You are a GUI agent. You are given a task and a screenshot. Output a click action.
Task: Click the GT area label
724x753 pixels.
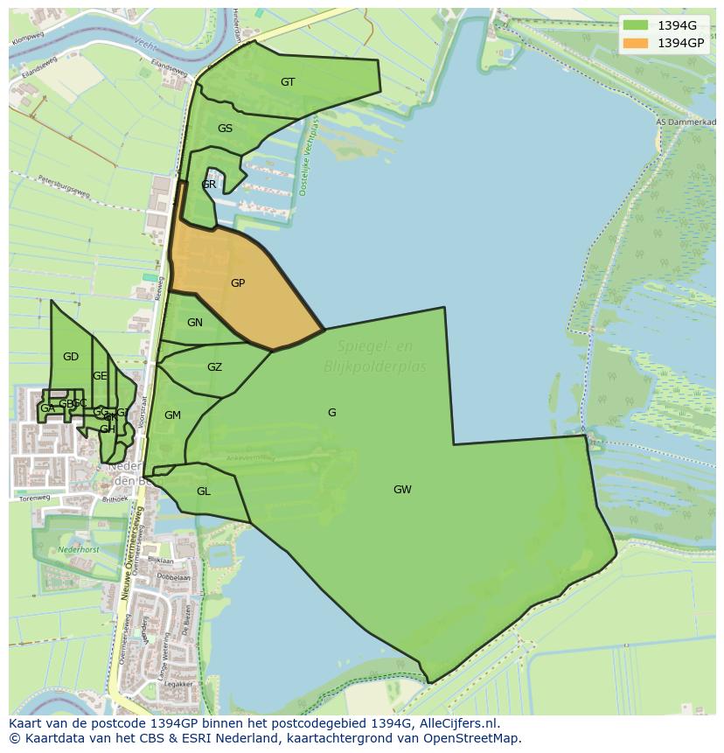288,82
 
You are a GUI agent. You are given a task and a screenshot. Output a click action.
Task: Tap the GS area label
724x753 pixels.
225,129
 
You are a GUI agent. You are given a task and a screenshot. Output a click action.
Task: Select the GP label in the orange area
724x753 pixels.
238,283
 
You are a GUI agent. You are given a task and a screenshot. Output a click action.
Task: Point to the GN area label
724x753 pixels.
195,323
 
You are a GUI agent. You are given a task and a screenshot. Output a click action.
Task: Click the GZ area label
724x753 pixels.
214,367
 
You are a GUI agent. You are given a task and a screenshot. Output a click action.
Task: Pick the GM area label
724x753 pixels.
172,415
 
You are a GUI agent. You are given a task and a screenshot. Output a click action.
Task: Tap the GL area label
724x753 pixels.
203,492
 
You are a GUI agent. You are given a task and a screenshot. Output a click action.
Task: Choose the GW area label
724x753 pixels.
402,490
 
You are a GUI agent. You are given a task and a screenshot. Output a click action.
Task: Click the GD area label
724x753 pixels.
71,357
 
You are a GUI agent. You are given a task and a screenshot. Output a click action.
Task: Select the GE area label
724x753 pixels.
100,376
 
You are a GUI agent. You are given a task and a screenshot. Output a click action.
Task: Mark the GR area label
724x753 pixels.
209,185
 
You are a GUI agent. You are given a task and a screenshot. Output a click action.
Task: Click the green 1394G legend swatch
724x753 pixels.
636,25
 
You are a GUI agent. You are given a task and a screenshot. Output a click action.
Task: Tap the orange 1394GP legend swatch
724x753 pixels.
636,43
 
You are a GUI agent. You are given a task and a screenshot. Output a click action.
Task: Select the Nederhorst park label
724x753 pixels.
79,550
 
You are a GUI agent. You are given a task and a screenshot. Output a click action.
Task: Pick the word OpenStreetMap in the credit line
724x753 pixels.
472,738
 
